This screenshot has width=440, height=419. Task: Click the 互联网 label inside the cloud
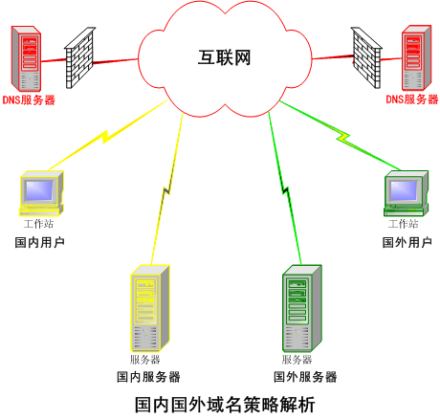tap(224, 57)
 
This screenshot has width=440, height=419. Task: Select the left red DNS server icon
tap(26, 58)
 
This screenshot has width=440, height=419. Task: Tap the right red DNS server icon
tap(416, 58)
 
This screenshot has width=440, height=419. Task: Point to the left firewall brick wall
tap(79, 57)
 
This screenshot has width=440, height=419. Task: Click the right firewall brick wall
tap(366, 57)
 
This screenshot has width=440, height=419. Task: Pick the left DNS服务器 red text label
tap(29, 99)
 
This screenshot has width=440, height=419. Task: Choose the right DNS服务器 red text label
tap(412, 99)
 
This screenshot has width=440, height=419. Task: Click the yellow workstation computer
tap(41, 193)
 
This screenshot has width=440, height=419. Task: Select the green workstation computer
tap(406, 193)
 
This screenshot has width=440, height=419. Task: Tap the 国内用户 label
tap(40, 242)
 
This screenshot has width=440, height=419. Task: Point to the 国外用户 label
tap(407, 242)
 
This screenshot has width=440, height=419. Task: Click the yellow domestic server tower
tap(150, 308)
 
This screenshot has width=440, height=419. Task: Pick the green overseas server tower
tap(301, 308)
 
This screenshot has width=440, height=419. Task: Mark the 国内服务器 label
tap(148, 377)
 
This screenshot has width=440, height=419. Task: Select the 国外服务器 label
tap(305, 377)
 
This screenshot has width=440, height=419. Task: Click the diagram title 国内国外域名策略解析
tap(225, 405)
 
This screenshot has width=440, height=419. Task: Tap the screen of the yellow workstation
tap(39, 190)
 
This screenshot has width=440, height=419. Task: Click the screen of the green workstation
tap(404, 190)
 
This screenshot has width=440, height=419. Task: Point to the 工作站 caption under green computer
tap(403, 224)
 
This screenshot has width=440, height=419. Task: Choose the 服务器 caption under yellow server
tap(144, 360)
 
